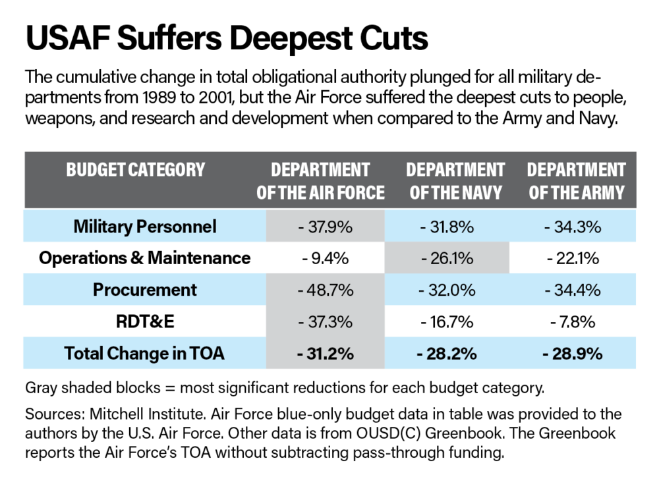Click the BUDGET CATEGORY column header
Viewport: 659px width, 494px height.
(x=136, y=170)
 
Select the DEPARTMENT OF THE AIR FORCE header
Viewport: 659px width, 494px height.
(x=320, y=181)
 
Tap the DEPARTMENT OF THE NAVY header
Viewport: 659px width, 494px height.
(x=455, y=181)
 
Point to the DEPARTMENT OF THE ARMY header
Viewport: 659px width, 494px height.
(x=576, y=181)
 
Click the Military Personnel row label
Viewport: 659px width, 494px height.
(x=145, y=227)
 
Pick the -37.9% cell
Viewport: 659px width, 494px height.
(x=326, y=227)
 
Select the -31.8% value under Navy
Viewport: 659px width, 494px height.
(x=447, y=227)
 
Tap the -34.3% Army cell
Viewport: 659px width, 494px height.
(x=573, y=227)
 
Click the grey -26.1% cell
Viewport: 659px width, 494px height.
(x=447, y=259)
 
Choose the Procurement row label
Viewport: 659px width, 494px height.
(x=145, y=290)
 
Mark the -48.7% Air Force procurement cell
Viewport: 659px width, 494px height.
(x=326, y=290)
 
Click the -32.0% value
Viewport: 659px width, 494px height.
(x=447, y=290)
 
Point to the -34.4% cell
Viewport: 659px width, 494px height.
(x=573, y=290)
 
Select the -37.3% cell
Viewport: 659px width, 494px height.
(x=326, y=322)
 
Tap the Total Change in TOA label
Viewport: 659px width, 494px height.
(x=144, y=354)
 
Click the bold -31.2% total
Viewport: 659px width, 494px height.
(x=326, y=354)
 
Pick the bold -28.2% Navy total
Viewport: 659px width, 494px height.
(x=447, y=354)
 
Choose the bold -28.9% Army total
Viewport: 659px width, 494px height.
(x=573, y=354)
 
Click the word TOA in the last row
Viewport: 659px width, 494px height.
(x=208, y=354)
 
